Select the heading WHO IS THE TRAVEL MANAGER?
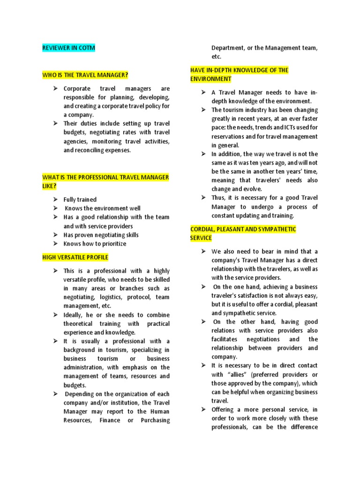click(85, 75)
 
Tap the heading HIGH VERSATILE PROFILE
click(75, 257)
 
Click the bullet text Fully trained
click(80, 200)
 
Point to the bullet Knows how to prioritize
click(95, 244)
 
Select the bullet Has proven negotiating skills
click(101, 235)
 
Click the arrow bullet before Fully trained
click(54, 200)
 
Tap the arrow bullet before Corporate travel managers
click(54, 89)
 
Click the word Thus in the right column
click(219, 198)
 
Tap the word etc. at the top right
click(216, 56)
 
